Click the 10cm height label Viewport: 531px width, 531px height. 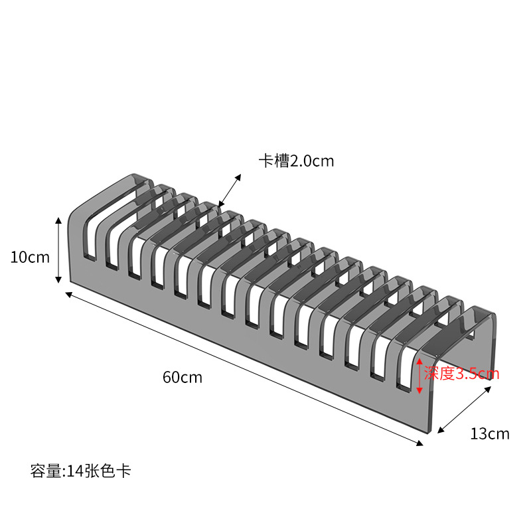[x=30, y=257]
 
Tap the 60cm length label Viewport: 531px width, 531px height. [x=183, y=378]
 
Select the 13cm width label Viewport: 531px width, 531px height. [x=490, y=434]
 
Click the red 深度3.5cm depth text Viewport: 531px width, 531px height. [x=461, y=374]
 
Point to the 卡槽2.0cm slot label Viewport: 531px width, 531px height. [x=296, y=161]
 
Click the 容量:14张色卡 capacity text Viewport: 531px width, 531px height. [x=81, y=472]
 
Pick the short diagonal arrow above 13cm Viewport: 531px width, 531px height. [x=464, y=410]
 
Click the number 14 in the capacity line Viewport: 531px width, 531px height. [x=73, y=472]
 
